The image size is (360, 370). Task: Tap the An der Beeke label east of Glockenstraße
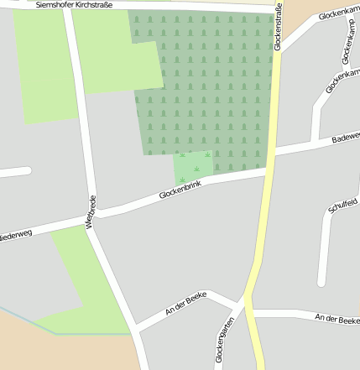click(x=336, y=318)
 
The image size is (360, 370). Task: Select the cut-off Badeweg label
click(x=345, y=137)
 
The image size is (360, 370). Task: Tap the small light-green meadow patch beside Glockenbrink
click(x=193, y=166)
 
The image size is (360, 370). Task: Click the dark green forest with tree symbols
click(x=210, y=84)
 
